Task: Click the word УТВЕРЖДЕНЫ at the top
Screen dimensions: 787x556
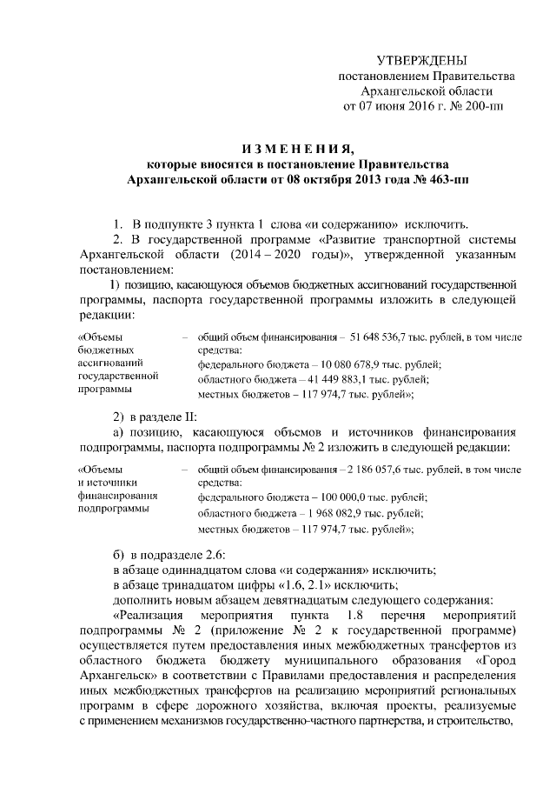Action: click(x=421, y=61)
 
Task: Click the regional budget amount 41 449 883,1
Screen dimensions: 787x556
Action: click(x=327, y=379)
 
